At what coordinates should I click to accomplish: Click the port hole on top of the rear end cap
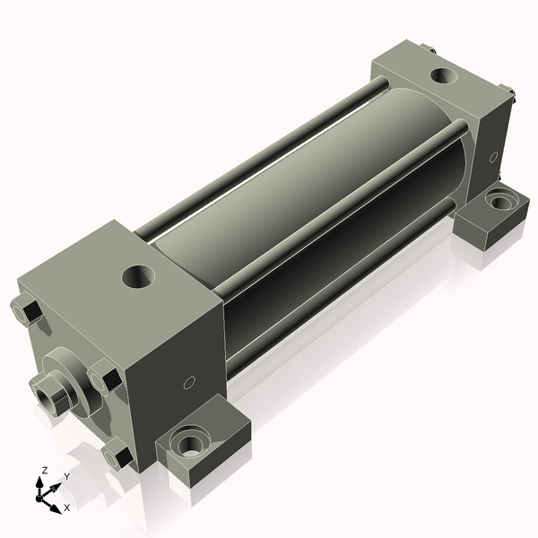tap(442, 75)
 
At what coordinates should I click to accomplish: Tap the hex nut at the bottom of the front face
tap(117, 456)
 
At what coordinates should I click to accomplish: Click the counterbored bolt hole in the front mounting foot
tap(191, 442)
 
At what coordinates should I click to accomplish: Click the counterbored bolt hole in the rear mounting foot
tap(499, 202)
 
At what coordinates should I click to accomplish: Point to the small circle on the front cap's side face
tap(187, 384)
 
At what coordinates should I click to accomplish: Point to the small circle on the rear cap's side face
tap(493, 157)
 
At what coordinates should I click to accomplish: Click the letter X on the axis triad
tap(66, 508)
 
